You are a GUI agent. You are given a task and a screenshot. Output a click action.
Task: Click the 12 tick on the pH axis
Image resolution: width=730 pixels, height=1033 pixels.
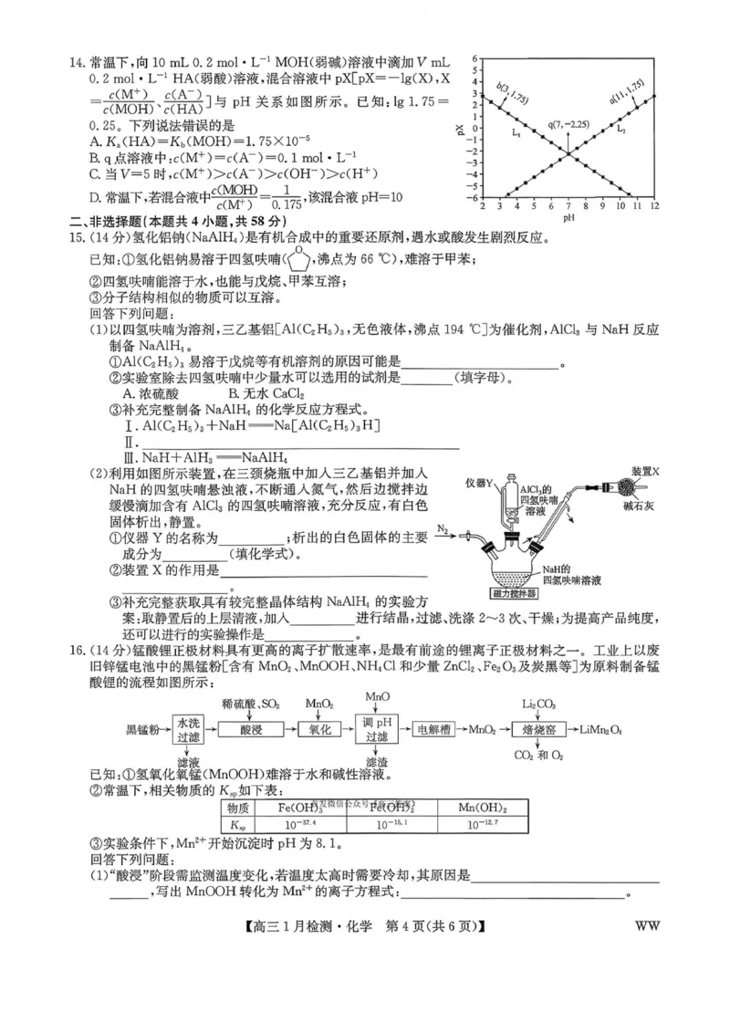[654, 207]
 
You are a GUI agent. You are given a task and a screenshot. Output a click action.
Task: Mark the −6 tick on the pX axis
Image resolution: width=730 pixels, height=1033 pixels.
[474, 198]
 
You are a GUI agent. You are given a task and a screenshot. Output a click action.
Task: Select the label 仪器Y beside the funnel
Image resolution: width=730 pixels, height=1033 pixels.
[478, 482]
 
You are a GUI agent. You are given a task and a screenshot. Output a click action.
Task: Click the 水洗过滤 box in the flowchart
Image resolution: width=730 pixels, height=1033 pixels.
[187, 730]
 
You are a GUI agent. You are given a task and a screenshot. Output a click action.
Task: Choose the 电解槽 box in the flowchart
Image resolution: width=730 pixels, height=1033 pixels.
[434, 730]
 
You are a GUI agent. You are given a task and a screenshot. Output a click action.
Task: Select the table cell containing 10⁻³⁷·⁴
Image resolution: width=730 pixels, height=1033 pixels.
[296, 824]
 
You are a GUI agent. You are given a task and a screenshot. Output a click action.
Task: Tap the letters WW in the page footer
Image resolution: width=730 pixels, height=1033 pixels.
[645, 924]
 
